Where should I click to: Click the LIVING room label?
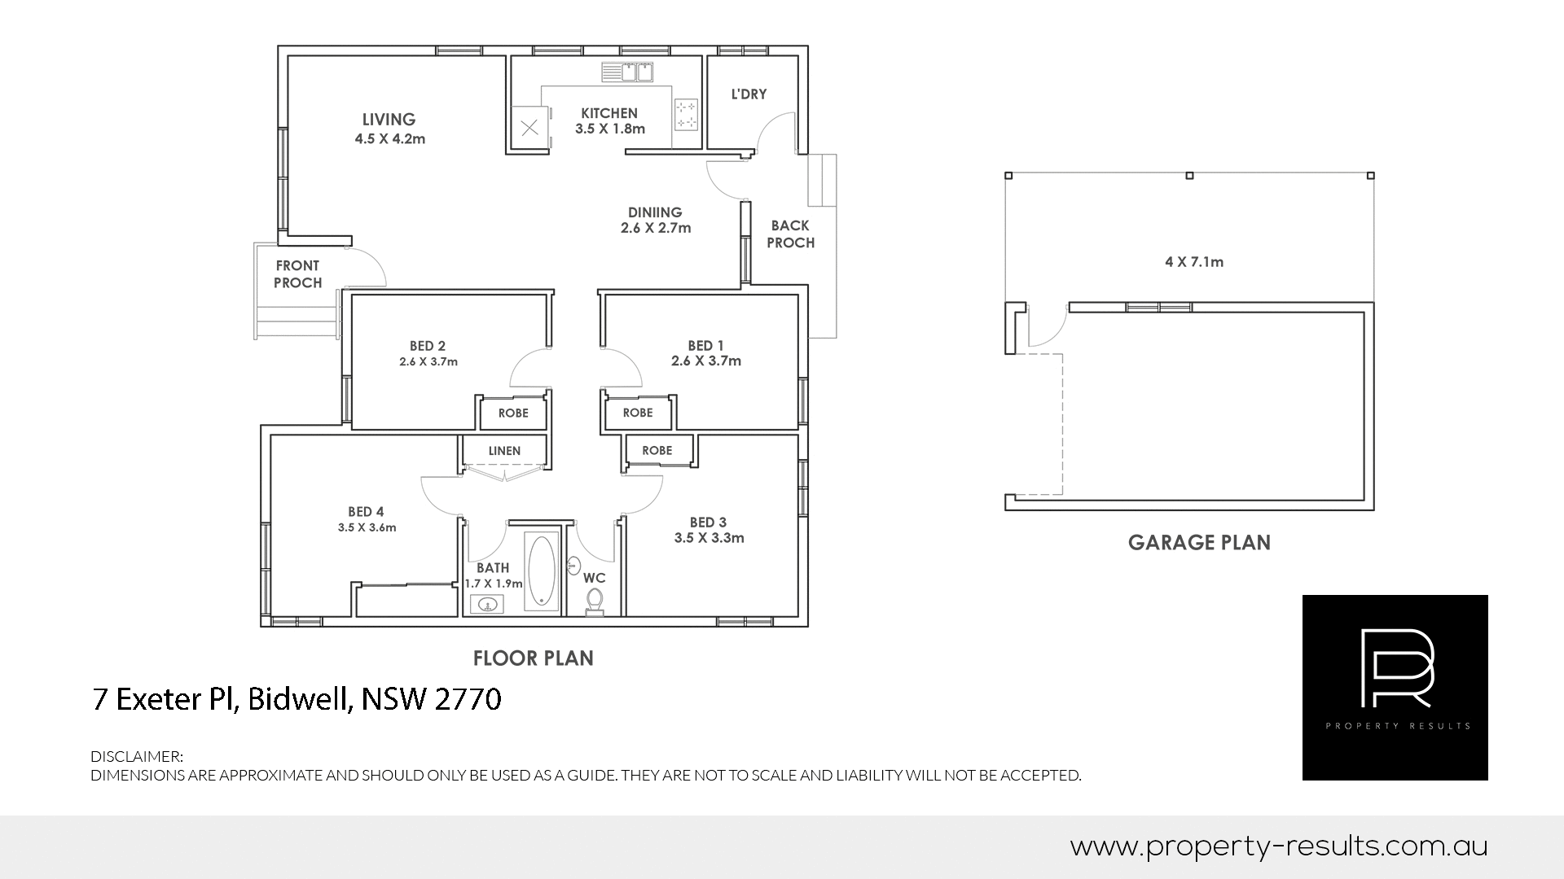pos(389,120)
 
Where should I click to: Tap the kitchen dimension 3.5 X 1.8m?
pos(610,129)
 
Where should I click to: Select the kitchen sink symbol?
pos(627,72)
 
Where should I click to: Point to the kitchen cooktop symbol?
pos(687,114)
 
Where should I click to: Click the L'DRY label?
pos(749,94)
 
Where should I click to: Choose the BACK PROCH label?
pos(790,234)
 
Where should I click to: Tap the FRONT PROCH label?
pos(297,274)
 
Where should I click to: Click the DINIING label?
pos(655,212)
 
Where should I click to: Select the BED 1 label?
pos(705,346)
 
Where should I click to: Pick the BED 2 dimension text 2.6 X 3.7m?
pos(428,361)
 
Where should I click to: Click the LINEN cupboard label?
pos(504,451)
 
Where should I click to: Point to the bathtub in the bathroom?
pos(542,571)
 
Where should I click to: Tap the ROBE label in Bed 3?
pos(657,451)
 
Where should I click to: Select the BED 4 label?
pos(366,512)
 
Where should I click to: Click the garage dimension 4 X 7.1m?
pos(1194,262)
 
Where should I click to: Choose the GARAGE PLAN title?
pos(1199,543)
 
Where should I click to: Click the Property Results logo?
pos(1395,688)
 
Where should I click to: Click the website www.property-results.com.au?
pos(1279,847)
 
